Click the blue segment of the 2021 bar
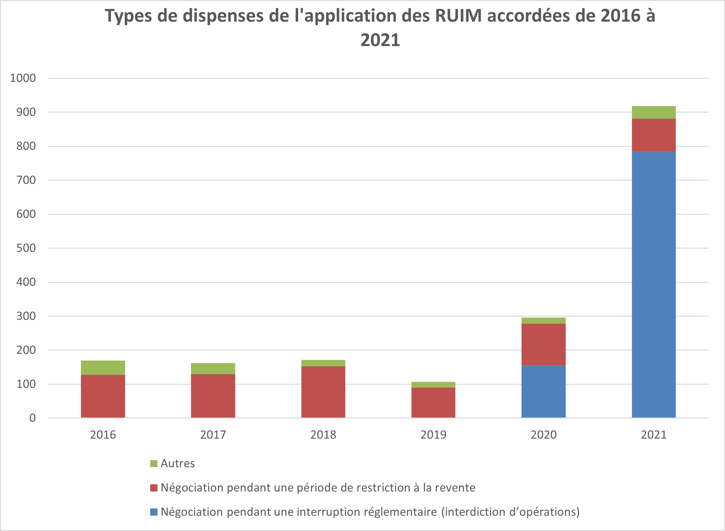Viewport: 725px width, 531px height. [654, 285]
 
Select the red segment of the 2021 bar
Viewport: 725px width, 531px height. [654, 135]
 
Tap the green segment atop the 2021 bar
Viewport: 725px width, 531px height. [654, 112]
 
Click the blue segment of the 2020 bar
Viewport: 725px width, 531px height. [543, 392]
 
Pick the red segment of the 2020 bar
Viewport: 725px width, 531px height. [543, 344]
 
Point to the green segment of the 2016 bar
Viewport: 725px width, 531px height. [103, 367]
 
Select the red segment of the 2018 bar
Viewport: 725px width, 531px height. [323, 392]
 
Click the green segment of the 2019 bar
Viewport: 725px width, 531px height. [433, 384]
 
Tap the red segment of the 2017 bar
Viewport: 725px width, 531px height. [213, 396]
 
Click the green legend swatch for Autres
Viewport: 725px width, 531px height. [154, 464]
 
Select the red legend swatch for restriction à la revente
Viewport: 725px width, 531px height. [154, 488]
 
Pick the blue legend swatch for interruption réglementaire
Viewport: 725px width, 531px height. [154, 512]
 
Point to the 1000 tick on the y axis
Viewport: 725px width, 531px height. [23, 78]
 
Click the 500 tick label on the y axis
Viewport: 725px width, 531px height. [26, 248]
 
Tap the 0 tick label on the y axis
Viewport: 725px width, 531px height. [33, 418]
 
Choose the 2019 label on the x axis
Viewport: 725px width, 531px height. [433, 434]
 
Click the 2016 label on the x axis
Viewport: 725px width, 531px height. [103, 434]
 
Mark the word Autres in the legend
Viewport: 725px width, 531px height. [177, 464]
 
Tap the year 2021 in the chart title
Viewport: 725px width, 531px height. [380, 40]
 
